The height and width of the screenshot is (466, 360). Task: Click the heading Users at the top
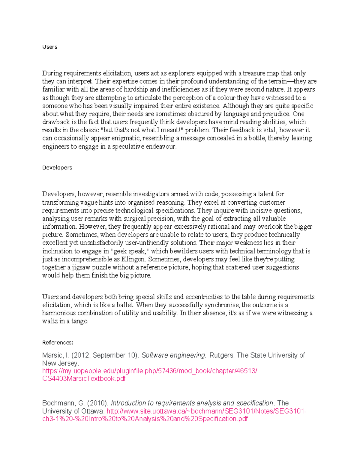[x=49, y=47]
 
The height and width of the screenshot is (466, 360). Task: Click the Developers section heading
[x=57, y=167]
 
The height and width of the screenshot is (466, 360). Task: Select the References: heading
[x=58, y=342]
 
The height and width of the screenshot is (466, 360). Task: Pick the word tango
[x=79, y=321]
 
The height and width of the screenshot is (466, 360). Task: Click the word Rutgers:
[x=222, y=355]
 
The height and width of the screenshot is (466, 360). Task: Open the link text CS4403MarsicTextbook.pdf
[x=84, y=379]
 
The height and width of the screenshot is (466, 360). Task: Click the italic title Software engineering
[x=174, y=355]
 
